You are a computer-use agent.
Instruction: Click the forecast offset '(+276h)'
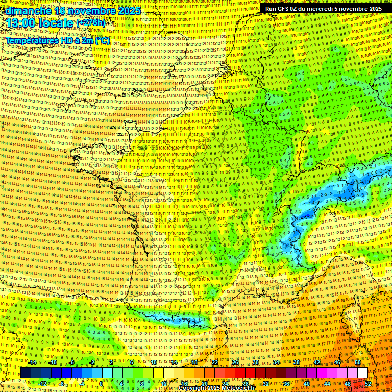(x=90, y=23)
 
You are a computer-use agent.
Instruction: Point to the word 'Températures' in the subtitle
(x=32, y=40)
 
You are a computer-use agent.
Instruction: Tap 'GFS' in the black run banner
(x=282, y=9)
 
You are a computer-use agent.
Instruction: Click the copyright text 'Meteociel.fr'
(x=244, y=388)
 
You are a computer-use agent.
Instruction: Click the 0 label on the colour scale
(x=101, y=383)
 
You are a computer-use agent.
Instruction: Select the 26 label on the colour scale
(x=235, y=362)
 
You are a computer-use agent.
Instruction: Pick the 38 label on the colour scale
(x=297, y=362)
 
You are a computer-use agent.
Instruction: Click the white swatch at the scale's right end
(x=362, y=373)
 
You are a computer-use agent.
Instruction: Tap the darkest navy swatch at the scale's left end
(x=26, y=373)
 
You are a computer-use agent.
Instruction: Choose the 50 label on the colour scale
(x=357, y=362)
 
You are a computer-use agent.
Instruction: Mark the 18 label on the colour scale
(x=194, y=362)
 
